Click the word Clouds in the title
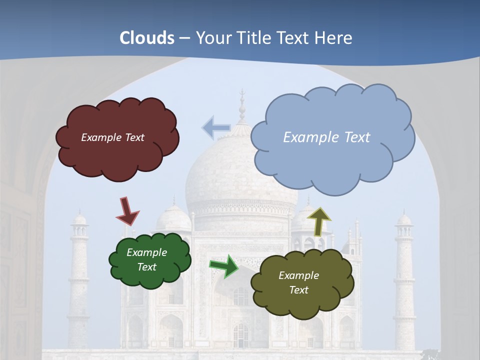coord(147,38)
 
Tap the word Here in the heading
coord(334,38)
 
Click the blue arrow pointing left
coord(215,127)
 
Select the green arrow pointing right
coord(224,265)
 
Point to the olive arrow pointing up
coord(319,221)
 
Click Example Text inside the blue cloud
coord(326,137)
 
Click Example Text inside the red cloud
coord(112,137)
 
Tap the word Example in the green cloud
coord(146,252)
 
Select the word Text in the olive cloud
coord(299,290)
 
